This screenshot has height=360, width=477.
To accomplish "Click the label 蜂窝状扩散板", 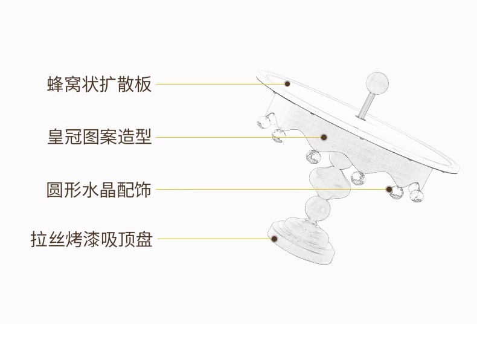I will coord(99,84).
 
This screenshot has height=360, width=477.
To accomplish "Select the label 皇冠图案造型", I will coord(99,137).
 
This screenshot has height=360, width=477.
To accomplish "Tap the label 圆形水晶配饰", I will coord(99,189).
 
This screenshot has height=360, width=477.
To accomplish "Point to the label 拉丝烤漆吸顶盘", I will coord(92,239).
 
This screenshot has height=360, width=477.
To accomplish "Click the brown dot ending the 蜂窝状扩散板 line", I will coord(287,84).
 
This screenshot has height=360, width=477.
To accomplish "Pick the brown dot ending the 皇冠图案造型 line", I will coord(324,138).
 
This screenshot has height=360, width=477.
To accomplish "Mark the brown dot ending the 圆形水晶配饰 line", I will coord(389,189).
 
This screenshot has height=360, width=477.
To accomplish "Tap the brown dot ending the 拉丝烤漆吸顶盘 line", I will coord(274,240).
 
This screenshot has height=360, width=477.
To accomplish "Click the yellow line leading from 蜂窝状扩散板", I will coord(217,84).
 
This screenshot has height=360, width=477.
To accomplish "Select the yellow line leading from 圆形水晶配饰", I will coord(266,189).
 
